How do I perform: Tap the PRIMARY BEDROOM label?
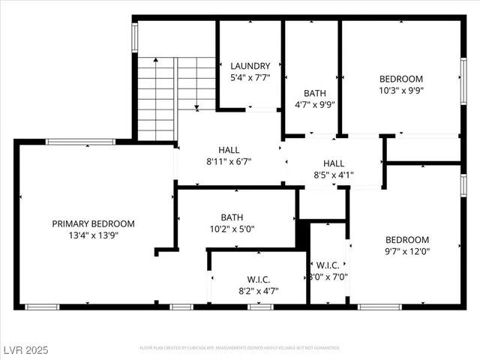coord(93,223)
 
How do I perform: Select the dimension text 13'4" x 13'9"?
coord(93,235)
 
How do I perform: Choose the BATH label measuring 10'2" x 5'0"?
coord(236,218)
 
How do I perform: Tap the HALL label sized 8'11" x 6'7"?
coord(229,150)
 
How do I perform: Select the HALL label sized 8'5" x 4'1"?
coord(334,163)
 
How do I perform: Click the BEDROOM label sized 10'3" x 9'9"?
coord(400,79)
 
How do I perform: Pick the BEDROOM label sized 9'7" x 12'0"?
coord(408,240)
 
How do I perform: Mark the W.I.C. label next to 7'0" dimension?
coord(328,265)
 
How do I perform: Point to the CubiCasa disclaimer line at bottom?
coord(240,348)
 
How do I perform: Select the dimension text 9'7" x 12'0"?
coord(408,251)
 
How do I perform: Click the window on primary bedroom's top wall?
coord(80,141)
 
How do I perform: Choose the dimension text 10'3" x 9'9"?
coord(400,90)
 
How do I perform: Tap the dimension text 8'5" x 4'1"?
coord(334,175)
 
